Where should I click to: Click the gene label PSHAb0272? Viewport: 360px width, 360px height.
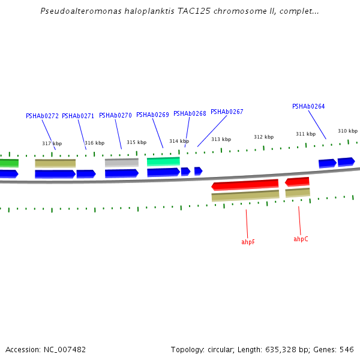coord(42,116)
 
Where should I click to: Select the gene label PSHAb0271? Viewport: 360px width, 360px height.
coord(78,116)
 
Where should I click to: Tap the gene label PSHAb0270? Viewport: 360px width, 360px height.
coord(115,115)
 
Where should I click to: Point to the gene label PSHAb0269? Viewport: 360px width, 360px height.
coord(152,115)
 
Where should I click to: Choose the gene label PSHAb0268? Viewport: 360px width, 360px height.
coord(190,113)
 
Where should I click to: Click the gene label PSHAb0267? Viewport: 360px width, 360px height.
coord(227,112)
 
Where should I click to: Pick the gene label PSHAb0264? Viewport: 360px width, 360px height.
coord(308,107)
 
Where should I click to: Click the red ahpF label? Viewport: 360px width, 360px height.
coord(248,242)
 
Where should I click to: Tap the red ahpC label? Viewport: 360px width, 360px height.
coord(301,239)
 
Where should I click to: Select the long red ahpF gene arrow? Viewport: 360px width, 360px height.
coord(245,184)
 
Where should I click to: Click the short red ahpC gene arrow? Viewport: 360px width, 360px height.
coord(297,181)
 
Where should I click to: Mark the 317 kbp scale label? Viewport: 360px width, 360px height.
coord(52,143)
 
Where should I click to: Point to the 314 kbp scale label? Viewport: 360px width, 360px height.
coord(179,141)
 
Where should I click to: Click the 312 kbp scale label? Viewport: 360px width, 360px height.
coord(263,137)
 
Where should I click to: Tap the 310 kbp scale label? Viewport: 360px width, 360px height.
coord(347,131)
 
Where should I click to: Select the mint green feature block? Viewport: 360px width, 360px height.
coord(163,161)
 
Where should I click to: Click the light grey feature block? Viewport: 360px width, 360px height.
coord(121,163)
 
